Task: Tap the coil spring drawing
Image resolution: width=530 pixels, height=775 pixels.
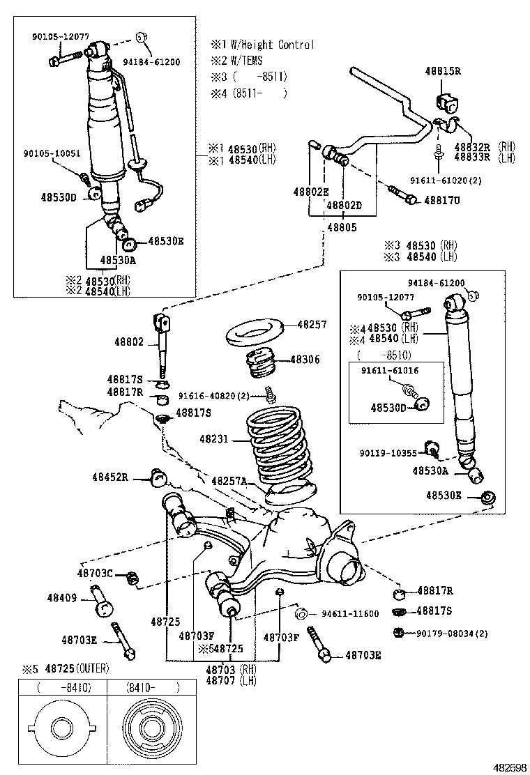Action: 278,446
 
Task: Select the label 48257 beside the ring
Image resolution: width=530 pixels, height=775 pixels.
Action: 312,325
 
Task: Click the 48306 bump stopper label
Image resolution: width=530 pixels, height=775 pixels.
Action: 305,360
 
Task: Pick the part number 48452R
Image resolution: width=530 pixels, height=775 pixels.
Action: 110,477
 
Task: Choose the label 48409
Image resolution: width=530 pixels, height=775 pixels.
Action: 62,597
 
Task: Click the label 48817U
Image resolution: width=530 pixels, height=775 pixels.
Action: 443,201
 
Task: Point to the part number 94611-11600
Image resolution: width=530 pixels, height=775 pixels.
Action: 350,614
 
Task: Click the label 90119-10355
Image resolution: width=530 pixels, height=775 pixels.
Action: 388,453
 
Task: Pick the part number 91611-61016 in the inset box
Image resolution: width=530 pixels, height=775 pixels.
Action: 390,371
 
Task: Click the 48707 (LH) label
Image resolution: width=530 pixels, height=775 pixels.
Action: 230,680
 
